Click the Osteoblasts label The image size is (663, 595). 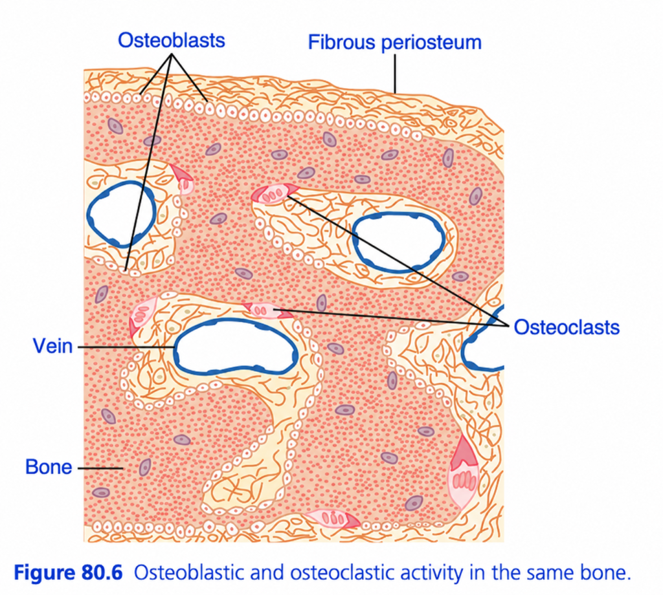pyautogui.click(x=171, y=41)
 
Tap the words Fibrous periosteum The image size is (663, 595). pyautogui.click(x=394, y=43)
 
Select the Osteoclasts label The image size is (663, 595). pyautogui.click(x=567, y=327)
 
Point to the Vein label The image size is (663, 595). pyautogui.click(x=53, y=346)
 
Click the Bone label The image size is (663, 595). pyautogui.click(x=49, y=467)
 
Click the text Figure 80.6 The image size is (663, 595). pyautogui.click(x=69, y=572)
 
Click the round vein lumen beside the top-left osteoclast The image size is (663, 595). pyautogui.click(x=121, y=214)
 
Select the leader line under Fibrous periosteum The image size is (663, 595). pyautogui.click(x=395, y=74)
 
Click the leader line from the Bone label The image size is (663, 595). pyautogui.click(x=100, y=468)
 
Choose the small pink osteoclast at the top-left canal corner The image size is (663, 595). pyautogui.click(x=183, y=179)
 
